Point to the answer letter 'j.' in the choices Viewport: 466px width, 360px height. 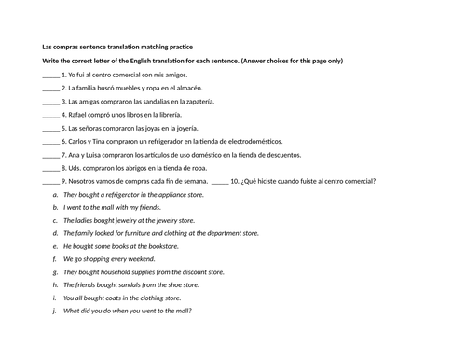click(56, 311)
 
